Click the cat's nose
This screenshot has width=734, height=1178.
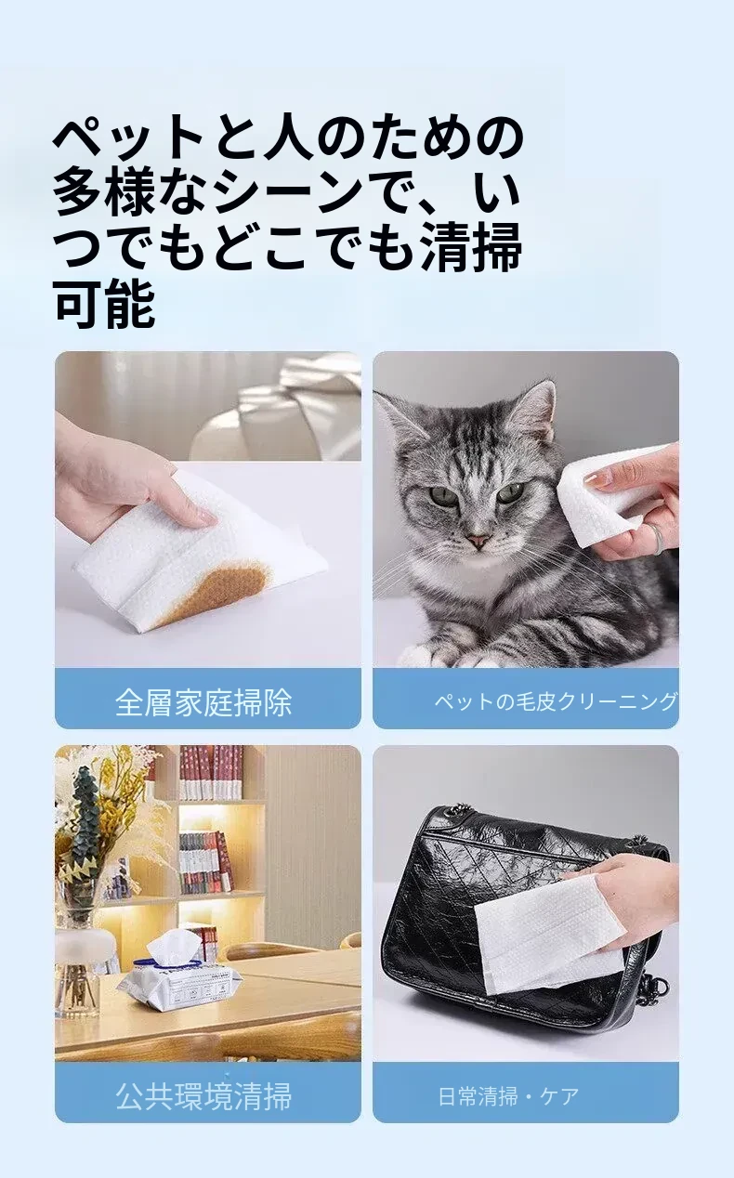478,540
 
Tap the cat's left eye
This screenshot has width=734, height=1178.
509,492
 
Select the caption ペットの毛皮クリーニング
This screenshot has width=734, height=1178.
556,701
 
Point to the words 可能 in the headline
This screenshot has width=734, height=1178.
105,304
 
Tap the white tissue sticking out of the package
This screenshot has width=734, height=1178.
173,944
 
